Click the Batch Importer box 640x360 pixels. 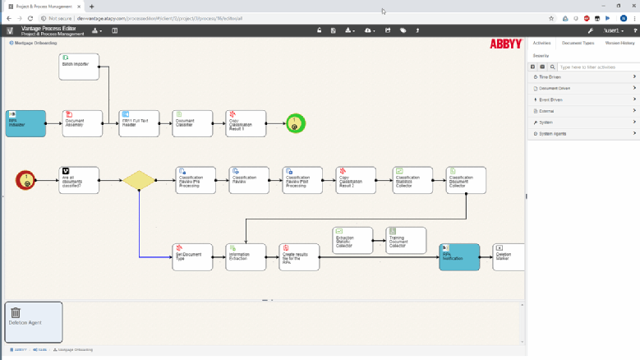[x=79, y=67]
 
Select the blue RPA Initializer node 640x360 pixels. [x=25, y=123]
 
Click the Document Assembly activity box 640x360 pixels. [x=82, y=123]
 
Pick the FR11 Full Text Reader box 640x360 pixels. [x=139, y=123]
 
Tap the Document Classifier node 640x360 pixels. [x=192, y=123]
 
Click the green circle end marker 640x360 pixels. [x=295, y=123]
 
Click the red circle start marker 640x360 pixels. [x=26, y=180]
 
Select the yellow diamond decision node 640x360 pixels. [x=139, y=180]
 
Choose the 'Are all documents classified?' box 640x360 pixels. [x=79, y=180]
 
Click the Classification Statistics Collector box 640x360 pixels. [x=409, y=180]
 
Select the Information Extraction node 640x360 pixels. [x=246, y=256]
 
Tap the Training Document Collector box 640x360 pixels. [x=406, y=240]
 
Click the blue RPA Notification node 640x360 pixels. [x=459, y=256]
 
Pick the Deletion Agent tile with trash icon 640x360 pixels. [x=33, y=321]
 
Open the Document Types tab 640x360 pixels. [x=578, y=43]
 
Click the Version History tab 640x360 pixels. [x=619, y=43]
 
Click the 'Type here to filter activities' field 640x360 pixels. [x=596, y=67]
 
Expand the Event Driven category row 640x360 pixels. [x=583, y=99]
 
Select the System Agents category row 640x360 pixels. [x=583, y=133]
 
